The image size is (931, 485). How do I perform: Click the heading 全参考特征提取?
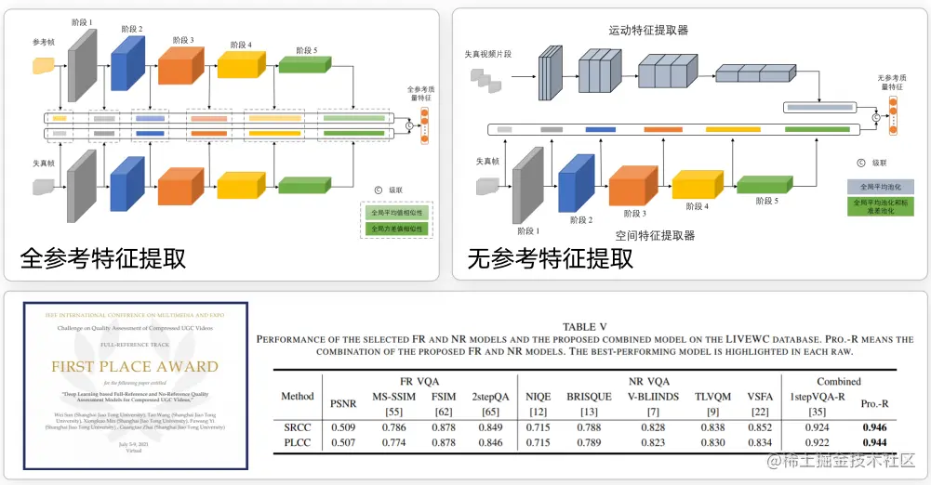103,256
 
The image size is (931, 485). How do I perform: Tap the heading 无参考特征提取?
551,256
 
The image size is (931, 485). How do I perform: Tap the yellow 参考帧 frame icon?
43,65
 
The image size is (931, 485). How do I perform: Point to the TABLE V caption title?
585,326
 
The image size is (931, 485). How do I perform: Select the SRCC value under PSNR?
343,426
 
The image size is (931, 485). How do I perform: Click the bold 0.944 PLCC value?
874,443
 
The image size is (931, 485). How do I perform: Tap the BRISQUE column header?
590,397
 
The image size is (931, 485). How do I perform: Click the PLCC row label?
298,443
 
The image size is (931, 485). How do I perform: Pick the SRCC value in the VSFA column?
760,426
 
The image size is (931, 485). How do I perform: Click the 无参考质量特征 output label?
889,83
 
